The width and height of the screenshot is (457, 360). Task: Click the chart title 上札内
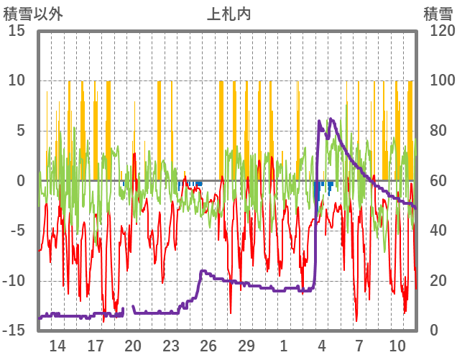(228, 14)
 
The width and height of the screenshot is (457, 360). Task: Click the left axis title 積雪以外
(33, 14)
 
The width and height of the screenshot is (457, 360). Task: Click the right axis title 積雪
(437, 14)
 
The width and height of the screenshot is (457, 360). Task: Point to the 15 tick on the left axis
(17, 31)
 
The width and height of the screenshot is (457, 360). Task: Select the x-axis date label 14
(57, 346)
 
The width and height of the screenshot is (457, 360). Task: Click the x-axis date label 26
(208, 346)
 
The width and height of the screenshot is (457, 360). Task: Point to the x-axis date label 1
(284, 346)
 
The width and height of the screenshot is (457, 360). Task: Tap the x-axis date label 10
(397, 346)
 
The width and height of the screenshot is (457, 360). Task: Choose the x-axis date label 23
(171, 346)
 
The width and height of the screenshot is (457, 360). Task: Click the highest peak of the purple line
(331, 119)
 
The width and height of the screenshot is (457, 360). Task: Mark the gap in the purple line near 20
(129, 311)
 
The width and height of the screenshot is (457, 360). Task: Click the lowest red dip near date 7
(356, 320)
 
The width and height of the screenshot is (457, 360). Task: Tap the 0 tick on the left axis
(22, 181)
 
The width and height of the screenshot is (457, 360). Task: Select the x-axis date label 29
(246, 346)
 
